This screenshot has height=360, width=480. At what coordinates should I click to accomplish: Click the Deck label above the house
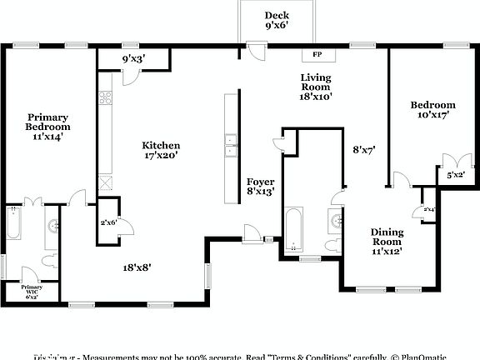[x=277, y=20]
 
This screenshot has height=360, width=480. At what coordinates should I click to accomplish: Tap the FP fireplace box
[x=317, y=55]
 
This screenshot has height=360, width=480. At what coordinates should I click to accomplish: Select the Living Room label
[x=316, y=87]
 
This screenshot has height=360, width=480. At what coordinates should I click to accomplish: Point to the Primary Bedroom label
[x=47, y=127]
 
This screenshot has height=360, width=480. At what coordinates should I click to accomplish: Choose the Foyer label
[x=261, y=187]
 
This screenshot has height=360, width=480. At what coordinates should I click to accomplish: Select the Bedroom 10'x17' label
[x=432, y=109]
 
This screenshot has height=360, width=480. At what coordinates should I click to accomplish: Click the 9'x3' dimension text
[x=134, y=59]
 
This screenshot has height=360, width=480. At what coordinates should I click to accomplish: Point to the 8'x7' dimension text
[x=364, y=151]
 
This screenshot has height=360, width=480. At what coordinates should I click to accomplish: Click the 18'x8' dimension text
[x=137, y=267]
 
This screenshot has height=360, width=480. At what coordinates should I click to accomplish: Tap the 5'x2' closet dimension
[x=455, y=176]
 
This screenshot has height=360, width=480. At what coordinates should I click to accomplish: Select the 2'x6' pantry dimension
[x=108, y=222]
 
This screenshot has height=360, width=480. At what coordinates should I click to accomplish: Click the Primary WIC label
[x=32, y=291]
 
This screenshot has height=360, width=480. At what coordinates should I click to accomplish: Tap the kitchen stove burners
[x=107, y=97]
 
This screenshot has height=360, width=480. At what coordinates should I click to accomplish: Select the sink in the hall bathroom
[x=335, y=221]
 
